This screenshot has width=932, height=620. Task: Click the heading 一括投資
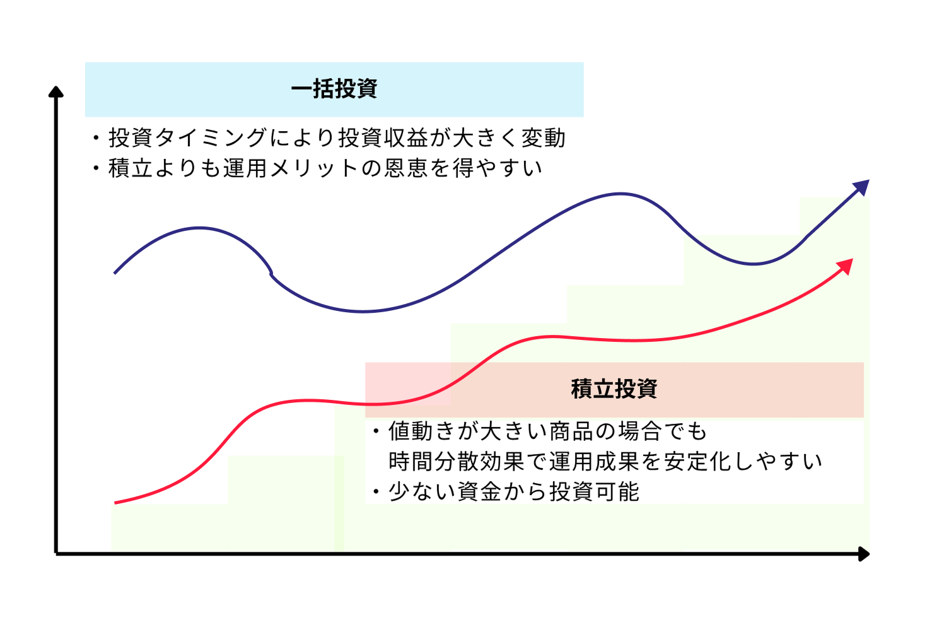coord(334,89)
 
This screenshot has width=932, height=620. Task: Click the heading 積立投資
coord(614,389)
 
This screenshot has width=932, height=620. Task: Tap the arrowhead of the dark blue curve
coord(862,187)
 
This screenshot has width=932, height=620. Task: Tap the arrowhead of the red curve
coord(846,266)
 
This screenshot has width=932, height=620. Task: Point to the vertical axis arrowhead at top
coord(56,92)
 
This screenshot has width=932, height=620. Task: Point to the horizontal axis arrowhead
coord(864,554)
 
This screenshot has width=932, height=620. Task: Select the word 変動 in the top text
coord(543,137)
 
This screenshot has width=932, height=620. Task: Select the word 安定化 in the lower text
coord(698,462)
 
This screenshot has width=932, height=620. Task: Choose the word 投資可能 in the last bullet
coord(594,492)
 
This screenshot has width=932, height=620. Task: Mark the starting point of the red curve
coord(115,503)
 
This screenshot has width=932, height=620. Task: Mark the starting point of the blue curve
coord(115,273)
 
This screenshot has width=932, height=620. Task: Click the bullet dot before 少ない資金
coord(376,492)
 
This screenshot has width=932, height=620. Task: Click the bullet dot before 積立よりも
coord(96,168)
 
